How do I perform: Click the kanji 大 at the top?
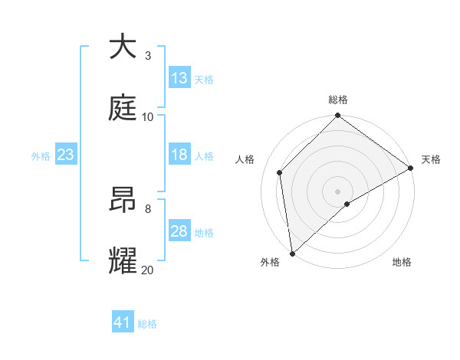[x=123, y=47]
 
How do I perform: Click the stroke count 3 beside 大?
[x=148, y=56]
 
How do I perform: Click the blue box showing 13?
[x=179, y=78]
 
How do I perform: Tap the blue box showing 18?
[x=179, y=155]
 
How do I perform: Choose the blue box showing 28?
[x=179, y=231]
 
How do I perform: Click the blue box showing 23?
[x=65, y=155]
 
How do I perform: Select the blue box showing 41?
[x=123, y=322]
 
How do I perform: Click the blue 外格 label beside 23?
[x=41, y=155]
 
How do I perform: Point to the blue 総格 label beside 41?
[x=147, y=324]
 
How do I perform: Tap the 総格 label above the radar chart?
[x=338, y=100]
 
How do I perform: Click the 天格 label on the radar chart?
[x=431, y=159]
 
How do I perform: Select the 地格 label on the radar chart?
[x=402, y=262]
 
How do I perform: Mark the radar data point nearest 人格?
[x=280, y=172]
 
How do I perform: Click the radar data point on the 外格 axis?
[x=292, y=253]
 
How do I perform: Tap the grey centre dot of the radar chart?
[x=338, y=191]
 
